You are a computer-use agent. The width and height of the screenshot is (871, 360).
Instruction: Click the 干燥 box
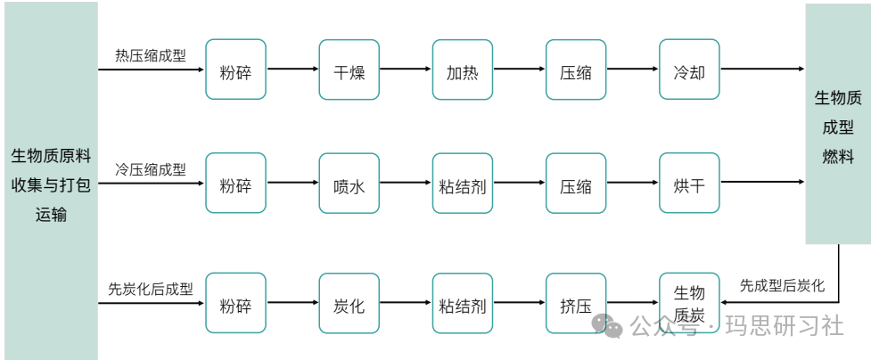click(x=349, y=70)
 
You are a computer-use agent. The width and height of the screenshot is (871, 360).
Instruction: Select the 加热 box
click(x=462, y=70)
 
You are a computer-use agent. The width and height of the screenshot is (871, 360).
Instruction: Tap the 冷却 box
click(x=689, y=70)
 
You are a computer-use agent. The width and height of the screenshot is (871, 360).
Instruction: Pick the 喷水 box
click(x=349, y=184)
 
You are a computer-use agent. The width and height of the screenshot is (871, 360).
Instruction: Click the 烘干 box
click(x=689, y=184)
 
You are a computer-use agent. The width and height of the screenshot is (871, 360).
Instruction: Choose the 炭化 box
click(x=349, y=303)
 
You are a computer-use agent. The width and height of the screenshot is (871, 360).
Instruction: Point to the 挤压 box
click(x=576, y=303)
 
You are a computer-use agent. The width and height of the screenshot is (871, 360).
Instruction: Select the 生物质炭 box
click(x=689, y=303)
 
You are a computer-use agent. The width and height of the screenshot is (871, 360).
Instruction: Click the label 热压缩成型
click(x=151, y=55)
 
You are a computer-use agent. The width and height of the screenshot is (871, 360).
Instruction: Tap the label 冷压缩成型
click(x=151, y=169)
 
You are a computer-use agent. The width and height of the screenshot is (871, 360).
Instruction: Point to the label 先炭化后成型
click(x=151, y=289)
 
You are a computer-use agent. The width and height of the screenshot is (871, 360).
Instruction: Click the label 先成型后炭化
click(x=782, y=286)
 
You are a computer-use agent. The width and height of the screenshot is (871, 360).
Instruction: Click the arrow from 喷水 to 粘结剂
click(x=405, y=184)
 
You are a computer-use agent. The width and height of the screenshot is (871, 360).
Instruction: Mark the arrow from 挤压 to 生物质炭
click(x=632, y=303)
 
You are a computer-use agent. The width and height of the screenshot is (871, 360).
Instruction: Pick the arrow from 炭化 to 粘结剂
click(x=405, y=303)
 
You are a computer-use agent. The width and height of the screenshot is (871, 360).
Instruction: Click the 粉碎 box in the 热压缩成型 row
click(x=235, y=70)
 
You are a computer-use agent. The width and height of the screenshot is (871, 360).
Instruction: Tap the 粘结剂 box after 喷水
click(x=462, y=184)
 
